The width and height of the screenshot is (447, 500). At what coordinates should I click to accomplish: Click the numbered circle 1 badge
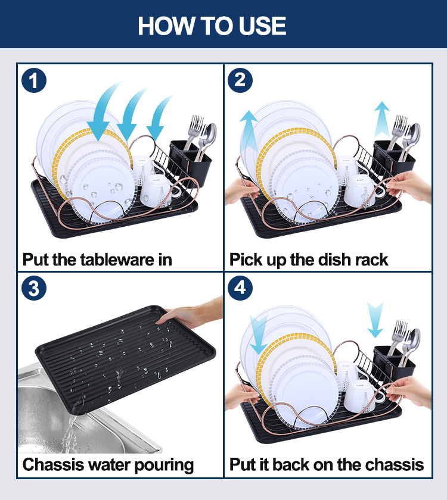[x=34, y=80]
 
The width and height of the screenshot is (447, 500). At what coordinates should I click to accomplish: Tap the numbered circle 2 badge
[x=240, y=80]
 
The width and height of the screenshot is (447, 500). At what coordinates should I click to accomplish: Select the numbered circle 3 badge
[x=34, y=288]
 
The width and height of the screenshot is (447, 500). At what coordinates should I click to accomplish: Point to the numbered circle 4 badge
[x=240, y=288]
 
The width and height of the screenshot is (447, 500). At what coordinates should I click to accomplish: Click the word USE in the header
[x=262, y=26]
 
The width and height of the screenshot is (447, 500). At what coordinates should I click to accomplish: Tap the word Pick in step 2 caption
[x=246, y=260]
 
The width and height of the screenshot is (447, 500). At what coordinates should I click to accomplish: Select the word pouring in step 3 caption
[x=164, y=465]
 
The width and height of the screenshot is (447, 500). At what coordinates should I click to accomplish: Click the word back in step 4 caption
[x=291, y=465]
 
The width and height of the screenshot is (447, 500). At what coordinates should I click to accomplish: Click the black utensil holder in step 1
[x=191, y=162]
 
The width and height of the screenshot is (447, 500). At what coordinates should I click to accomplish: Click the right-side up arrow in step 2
[x=382, y=120]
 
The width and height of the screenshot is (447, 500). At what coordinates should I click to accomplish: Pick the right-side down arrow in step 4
[x=375, y=320]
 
